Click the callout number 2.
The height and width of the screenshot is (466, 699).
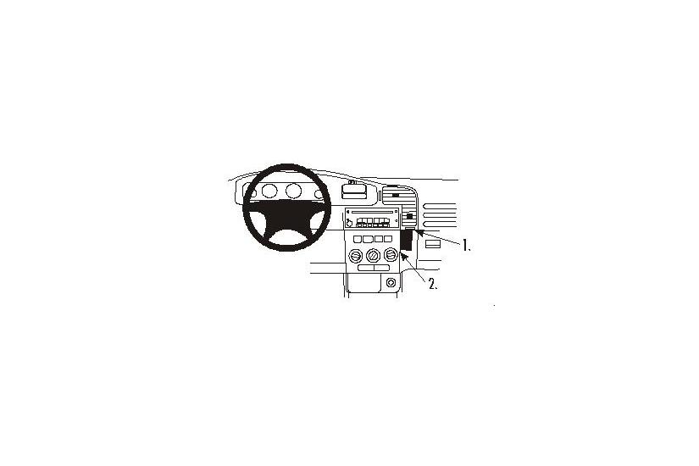tap(433, 286)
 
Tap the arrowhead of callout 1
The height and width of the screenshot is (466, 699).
tap(416, 230)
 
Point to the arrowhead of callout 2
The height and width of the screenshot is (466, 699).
tap(403, 256)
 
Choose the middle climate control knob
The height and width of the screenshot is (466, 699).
tap(373, 256)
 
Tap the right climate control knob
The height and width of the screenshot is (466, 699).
tap(390, 256)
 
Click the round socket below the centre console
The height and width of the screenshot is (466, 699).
tap(390, 282)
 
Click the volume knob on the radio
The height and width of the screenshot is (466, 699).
tap(349, 222)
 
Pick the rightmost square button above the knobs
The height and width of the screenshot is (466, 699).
tap(389, 241)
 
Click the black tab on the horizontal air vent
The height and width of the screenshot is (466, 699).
tap(395, 196)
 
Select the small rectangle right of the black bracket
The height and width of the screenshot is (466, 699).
tap(432, 243)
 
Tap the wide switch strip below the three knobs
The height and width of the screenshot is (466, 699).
tap(373, 269)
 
